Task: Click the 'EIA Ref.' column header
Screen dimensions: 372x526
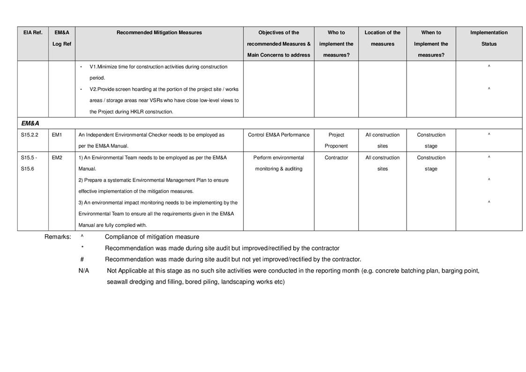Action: point(33,33)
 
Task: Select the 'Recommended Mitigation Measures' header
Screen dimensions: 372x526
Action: point(159,33)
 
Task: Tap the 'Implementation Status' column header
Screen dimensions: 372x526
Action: point(489,38)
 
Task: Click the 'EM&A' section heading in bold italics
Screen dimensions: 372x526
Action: point(30,123)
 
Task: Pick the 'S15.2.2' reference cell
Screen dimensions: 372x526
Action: point(30,135)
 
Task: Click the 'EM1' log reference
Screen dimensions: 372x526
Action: point(57,135)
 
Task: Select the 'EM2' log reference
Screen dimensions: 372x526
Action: point(57,158)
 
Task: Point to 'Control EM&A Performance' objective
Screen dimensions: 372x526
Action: point(279,135)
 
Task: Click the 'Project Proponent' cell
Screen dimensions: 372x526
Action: point(336,141)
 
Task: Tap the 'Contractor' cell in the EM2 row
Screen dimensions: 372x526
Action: point(336,158)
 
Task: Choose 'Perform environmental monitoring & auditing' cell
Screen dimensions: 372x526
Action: point(279,163)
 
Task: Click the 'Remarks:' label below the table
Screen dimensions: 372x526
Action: point(58,237)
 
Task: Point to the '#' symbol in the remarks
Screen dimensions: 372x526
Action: point(82,260)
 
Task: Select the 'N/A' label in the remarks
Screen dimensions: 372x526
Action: point(84,271)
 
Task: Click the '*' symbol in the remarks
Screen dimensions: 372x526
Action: point(82,248)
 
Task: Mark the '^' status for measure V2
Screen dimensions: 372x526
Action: point(489,89)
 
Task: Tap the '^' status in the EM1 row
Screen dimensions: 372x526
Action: point(489,135)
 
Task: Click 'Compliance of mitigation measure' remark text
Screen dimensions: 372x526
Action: point(152,237)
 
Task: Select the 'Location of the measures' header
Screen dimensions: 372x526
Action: point(383,38)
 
